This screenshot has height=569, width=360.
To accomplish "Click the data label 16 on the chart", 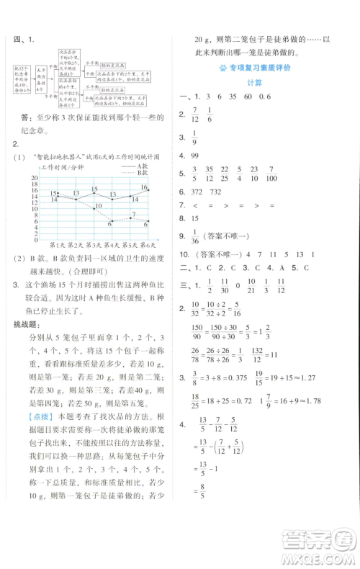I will [143, 187].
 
